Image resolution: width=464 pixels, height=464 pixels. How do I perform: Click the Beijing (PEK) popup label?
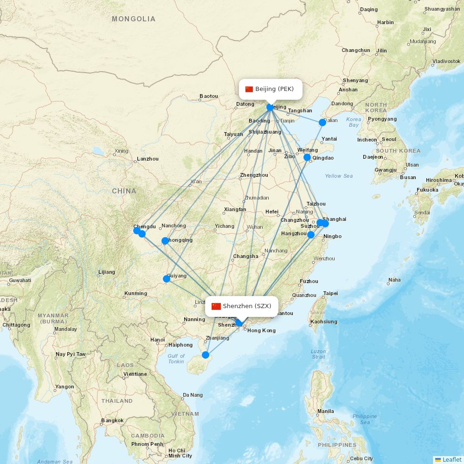pyautogui.click(x=271, y=89)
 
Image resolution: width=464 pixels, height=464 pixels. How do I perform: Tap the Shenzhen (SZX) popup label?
pyautogui.click(x=242, y=306)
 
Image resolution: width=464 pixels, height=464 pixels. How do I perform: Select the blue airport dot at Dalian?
pyautogui.click(x=322, y=122)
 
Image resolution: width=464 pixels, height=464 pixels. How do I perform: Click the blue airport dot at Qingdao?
pyautogui.click(x=307, y=157)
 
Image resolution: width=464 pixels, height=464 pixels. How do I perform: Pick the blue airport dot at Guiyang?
pyautogui.click(x=167, y=279)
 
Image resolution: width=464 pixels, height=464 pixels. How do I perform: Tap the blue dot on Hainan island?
pyautogui.click(x=206, y=355)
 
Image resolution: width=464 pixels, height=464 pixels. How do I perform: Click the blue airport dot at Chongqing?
pyautogui.click(x=165, y=241)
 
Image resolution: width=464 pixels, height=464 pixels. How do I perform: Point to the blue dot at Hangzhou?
pyautogui.click(x=311, y=235)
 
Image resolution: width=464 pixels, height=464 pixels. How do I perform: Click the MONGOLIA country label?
pyautogui.click(x=134, y=19)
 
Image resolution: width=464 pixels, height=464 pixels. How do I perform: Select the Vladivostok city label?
pyautogui.click(x=446, y=61)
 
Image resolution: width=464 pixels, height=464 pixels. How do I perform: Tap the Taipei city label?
pyautogui.click(x=331, y=293)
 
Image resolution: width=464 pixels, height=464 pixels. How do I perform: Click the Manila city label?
pyautogui.click(x=326, y=411)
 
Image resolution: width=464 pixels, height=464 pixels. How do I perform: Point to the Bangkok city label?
pyautogui.click(x=113, y=421)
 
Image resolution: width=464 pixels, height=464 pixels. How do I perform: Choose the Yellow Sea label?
pyautogui.click(x=339, y=176)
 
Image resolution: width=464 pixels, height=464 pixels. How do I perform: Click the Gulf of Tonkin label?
pyautogui.click(x=176, y=359)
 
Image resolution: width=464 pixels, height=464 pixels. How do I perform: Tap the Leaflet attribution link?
pyautogui.click(x=451, y=459)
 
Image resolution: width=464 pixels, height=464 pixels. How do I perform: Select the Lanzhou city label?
pyautogui.click(x=148, y=159)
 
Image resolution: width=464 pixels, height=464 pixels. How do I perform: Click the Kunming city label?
pyautogui.click(x=135, y=293)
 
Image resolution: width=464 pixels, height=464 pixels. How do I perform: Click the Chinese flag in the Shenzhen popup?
pyautogui.click(x=216, y=306)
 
